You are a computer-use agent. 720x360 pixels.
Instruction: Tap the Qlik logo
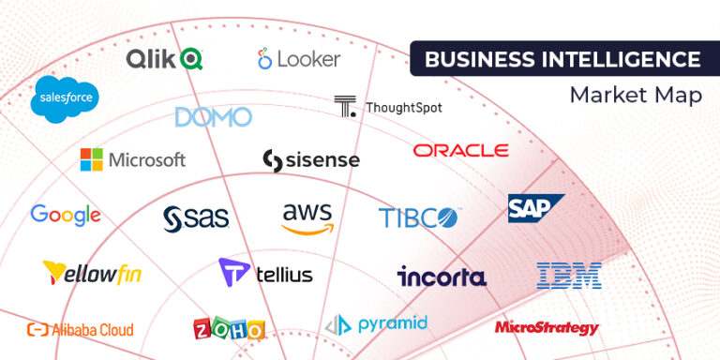click(165, 59)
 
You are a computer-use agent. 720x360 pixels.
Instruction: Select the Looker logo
click(299, 59)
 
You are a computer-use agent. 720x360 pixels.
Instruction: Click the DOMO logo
click(214, 117)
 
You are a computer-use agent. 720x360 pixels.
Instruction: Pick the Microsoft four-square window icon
click(91, 159)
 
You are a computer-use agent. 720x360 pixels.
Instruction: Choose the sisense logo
click(310, 160)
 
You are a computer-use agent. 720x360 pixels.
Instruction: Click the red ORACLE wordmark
click(460, 150)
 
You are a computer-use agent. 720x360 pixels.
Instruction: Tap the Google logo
click(66, 215)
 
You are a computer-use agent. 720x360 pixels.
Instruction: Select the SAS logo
click(196, 218)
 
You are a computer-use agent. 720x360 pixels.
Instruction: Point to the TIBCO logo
click(419, 218)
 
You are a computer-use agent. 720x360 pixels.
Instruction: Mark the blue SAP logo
click(535, 208)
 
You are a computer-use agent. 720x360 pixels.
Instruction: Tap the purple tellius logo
click(265, 273)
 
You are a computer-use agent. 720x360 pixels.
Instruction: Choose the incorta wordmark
click(442, 277)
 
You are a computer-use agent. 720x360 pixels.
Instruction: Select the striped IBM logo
click(569, 275)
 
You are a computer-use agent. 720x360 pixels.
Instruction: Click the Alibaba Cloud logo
click(80, 329)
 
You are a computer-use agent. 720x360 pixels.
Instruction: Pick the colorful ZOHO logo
click(229, 329)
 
